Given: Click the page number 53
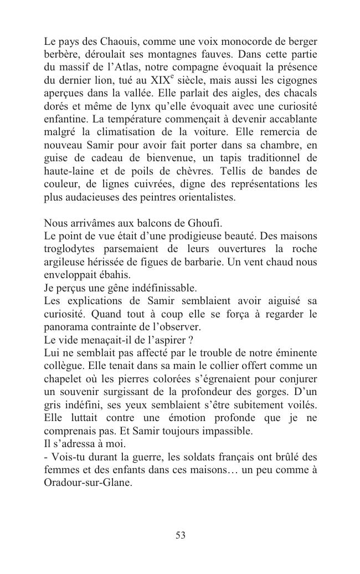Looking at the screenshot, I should click(181, 535).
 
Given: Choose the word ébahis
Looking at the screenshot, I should click(116, 275).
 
